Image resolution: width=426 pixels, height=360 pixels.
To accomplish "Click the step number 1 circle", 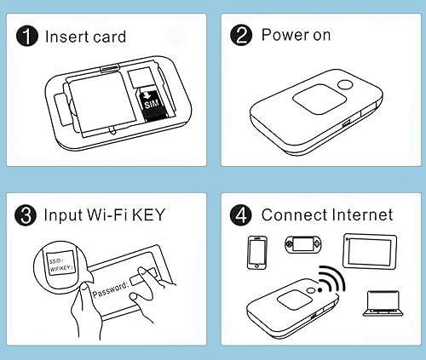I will click(28, 37).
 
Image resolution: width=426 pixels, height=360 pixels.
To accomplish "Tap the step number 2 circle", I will click(242, 36).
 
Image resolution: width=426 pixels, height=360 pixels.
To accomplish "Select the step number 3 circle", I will click(28, 214).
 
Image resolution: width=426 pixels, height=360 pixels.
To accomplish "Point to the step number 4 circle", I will click(242, 214).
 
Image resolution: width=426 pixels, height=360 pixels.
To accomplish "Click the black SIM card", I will click(150, 105).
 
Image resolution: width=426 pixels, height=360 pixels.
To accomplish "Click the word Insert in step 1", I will click(66, 37).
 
